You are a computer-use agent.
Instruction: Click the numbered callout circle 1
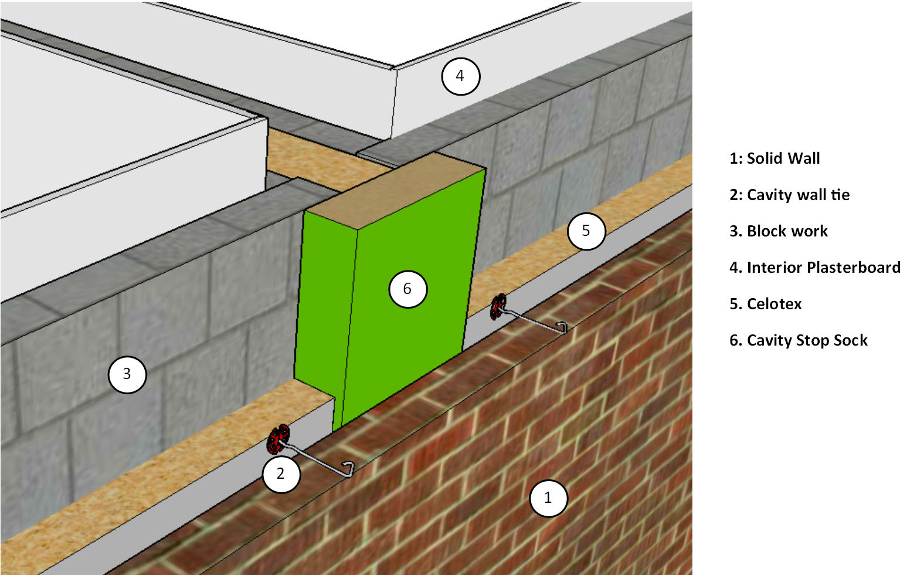548,498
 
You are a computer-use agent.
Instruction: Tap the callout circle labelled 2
281,473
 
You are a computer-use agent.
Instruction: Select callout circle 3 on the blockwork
127,374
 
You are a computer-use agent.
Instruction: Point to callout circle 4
460,76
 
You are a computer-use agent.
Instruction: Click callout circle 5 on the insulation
586,231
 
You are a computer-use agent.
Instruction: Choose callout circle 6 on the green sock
407,289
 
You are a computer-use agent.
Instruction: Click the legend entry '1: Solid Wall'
774,158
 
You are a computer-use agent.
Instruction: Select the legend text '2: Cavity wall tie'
789,195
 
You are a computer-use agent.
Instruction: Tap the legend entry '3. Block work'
778,231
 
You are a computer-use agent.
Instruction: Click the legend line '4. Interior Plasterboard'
814,268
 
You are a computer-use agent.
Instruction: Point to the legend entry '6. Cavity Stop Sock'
798,340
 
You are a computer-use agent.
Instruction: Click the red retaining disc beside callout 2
279,439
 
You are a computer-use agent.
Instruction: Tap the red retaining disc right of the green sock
498,306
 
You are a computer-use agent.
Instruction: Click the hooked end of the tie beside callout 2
349,469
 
